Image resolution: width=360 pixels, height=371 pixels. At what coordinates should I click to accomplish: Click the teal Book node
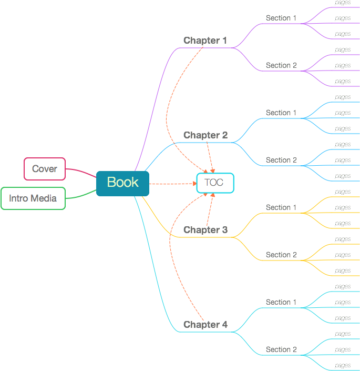pos(122,183)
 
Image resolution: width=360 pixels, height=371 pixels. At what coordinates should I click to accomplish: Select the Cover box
pos(45,169)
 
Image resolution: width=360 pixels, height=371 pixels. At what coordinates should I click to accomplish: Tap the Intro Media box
pos(33,198)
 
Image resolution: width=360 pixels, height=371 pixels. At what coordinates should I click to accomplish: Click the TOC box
pos(214,183)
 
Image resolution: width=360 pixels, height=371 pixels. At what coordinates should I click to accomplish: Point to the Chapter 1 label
pos(205,41)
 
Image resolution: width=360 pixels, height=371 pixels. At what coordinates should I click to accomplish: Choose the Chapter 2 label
pos(205,135)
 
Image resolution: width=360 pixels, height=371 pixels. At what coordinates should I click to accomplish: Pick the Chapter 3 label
pos(205,230)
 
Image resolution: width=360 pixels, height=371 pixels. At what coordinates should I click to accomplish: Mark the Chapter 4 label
pos(205,325)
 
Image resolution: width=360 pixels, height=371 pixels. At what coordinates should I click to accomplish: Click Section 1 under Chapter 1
pos(281,18)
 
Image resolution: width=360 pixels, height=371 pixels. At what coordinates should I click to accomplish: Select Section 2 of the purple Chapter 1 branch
pos(281,65)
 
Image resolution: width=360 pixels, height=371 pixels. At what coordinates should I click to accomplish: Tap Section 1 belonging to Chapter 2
pos(281,113)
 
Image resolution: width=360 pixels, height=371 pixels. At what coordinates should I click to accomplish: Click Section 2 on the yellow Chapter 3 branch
pos(281,255)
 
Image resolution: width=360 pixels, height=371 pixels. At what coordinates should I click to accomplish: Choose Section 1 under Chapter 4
pos(281,302)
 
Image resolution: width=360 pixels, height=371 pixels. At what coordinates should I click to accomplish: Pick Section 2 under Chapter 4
pos(281,349)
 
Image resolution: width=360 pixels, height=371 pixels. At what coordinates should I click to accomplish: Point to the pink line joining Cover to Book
pos(81,172)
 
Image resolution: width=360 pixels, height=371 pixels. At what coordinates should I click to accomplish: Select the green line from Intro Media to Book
pos(81,196)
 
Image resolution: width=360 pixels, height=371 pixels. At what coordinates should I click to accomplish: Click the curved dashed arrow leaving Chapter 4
pos(170,253)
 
